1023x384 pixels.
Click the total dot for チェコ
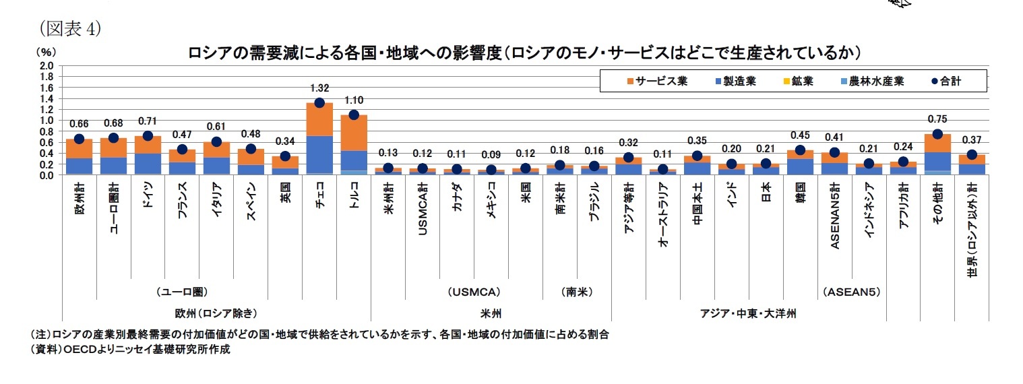[x=319, y=103]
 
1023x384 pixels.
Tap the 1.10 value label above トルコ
[x=354, y=99]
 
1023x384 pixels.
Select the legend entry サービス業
[x=648, y=82]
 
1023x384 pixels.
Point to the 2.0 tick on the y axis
[x=46, y=66]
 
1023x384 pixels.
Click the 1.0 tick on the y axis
[x=46, y=121]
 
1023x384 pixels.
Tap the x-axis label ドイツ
[x=148, y=212]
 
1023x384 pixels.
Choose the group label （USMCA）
[x=474, y=292]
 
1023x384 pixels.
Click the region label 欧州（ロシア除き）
[x=216, y=313]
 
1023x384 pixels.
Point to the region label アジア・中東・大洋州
[x=748, y=313]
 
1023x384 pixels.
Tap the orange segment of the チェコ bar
[x=319, y=119]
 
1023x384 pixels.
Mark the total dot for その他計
[x=937, y=134]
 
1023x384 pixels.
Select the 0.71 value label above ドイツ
[x=148, y=121]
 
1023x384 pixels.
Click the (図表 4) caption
[x=71, y=28]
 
